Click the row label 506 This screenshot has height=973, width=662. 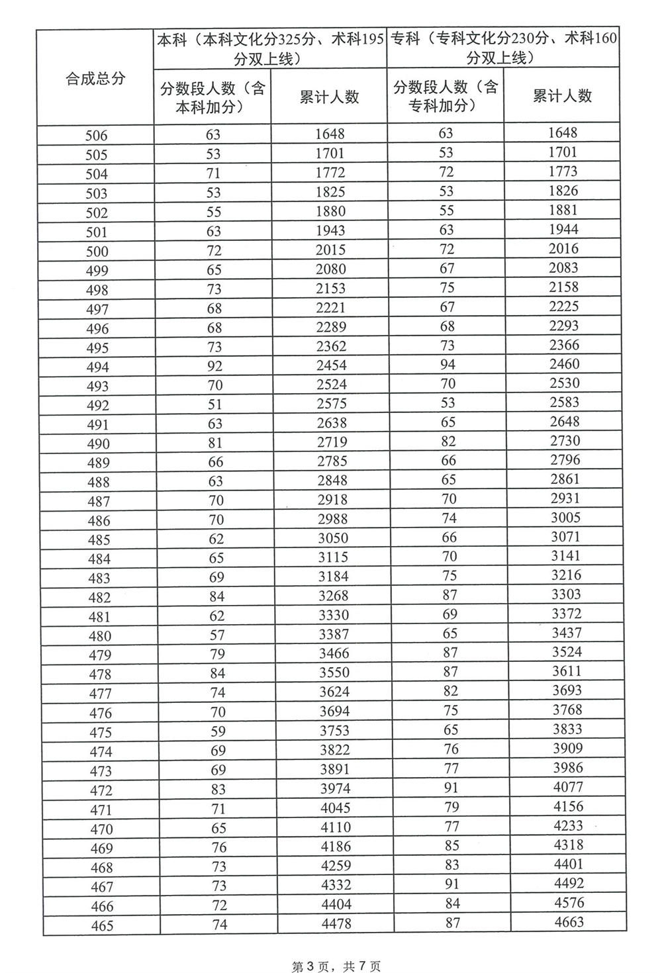[x=96, y=136]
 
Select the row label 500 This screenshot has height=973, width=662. [x=96, y=252]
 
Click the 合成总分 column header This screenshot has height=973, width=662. [x=95, y=78]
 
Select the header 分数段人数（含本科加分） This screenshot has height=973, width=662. [x=213, y=97]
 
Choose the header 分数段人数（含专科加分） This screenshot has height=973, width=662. [x=446, y=95]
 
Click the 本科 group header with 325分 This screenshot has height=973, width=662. [x=270, y=48]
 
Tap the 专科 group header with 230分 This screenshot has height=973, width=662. [x=503, y=48]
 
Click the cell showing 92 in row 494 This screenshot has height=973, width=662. [x=214, y=366]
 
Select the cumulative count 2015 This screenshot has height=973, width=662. [x=331, y=250]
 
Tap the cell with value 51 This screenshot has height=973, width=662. [x=215, y=404]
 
